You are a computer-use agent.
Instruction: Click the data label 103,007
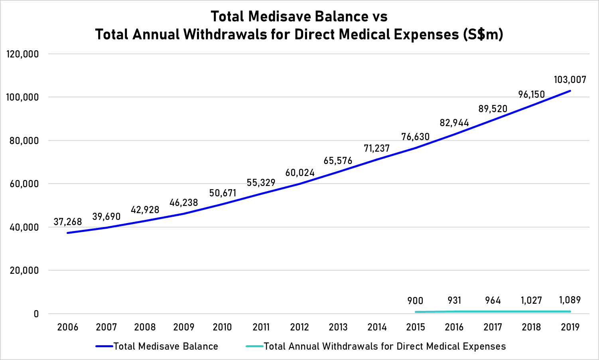coord(570,80)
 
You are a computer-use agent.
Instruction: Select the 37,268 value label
coord(68,222)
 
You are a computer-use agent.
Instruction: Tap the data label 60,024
coord(300,173)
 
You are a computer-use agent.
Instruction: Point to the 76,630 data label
coord(416,137)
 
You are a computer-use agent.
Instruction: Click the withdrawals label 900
coord(416,301)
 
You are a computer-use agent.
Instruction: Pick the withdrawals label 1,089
coord(570,300)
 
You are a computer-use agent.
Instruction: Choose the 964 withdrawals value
coord(493,301)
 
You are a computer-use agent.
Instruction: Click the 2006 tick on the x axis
coord(68,327)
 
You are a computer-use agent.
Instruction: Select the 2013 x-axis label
coord(338,327)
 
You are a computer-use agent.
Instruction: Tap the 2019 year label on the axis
coord(570,327)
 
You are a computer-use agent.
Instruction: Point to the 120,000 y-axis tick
coord(23,54)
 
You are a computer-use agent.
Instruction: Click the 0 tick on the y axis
coord(36,314)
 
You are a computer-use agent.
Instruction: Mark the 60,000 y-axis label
coord(23,184)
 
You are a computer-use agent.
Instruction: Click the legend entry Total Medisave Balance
coord(166,346)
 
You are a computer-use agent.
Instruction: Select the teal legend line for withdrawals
coord(254,346)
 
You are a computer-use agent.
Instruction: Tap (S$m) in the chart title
coord(483,35)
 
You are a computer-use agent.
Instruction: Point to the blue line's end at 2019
coord(570,91)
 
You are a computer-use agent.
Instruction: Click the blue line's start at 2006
coord(68,233)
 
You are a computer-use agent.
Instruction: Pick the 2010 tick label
coord(222,327)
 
